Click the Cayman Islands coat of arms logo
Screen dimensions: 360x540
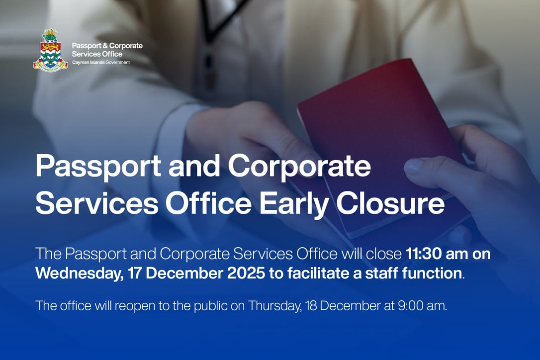[x=50, y=51]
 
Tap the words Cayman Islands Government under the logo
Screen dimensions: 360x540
[x=101, y=63]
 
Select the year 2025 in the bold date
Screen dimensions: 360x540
[x=241, y=273]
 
